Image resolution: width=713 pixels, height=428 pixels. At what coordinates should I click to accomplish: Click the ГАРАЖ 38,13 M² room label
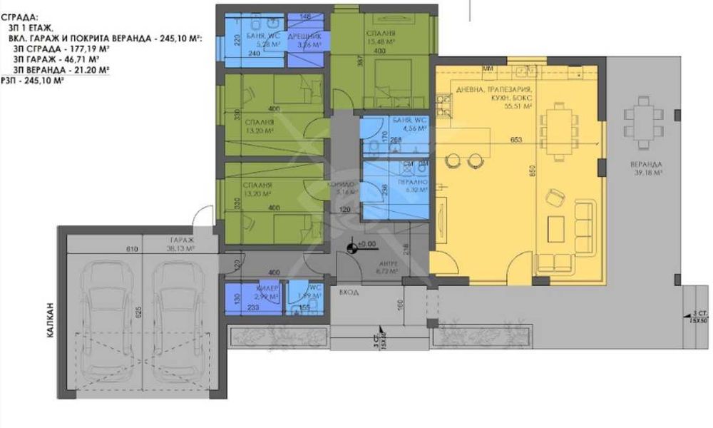pyautogui.click(x=182, y=245)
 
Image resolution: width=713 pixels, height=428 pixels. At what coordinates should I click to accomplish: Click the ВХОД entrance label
pyautogui.click(x=349, y=292)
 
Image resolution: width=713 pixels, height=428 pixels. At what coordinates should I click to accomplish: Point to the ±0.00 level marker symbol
pyautogui.click(x=352, y=248)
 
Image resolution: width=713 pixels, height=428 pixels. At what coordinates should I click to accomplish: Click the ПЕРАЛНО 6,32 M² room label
pyautogui.click(x=411, y=186)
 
